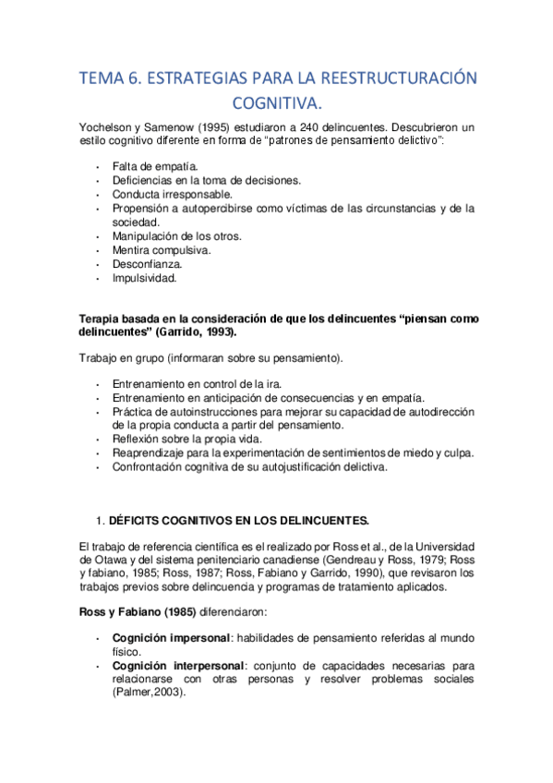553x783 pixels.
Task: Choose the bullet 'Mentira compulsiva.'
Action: click(161, 249)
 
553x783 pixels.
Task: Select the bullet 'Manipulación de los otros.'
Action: click(176, 235)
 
